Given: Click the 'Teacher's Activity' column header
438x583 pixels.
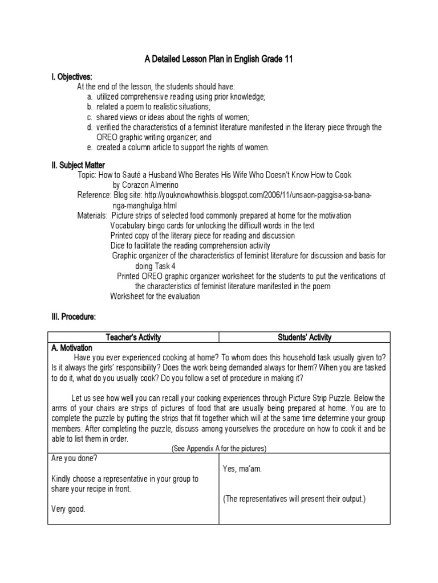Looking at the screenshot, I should click(x=133, y=338).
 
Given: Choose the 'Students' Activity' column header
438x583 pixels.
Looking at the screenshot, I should click(x=305, y=338).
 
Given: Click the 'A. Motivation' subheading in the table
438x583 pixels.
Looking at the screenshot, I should click(x=72, y=348).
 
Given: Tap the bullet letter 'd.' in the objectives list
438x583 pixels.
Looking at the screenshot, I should click(x=90, y=127).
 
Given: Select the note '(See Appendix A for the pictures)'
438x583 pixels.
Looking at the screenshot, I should click(x=219, y=449).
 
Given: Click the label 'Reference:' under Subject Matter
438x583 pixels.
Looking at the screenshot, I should click(x=94, y=195).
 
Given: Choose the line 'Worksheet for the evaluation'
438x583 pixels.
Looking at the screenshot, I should click(x=155, y=296).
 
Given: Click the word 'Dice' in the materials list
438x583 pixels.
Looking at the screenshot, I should click(x=118, y=246).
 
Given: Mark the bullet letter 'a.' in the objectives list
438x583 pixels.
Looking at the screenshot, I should click(x=90, y=97).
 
